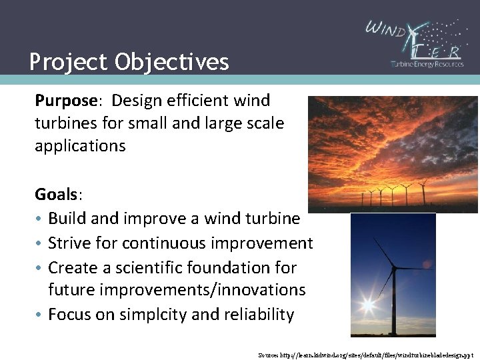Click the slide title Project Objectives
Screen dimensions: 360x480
(x=129, y=62)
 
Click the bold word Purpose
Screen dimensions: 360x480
(x=66, y=101)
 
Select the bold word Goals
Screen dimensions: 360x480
(x=57, y=195)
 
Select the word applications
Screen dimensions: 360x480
(x=80, y=146)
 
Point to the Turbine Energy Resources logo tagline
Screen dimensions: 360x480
(x=427, y=64)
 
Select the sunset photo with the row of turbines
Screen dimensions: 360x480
(x=393, y=153)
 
